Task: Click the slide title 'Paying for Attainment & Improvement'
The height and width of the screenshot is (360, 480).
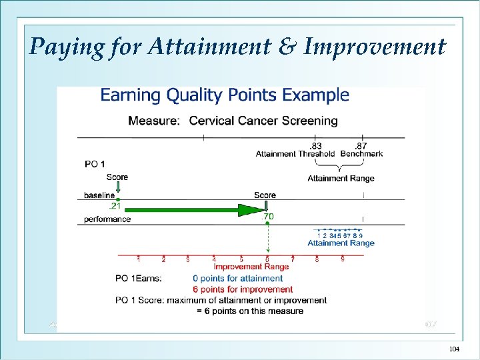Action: [237, 47]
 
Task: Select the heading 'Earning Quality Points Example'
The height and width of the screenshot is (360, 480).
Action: [225, 95]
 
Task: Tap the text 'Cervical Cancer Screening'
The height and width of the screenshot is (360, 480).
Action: [263, 121]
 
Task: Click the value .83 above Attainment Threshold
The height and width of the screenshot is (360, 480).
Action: [315, 146]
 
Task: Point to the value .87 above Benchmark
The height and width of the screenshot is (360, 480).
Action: [360, 146]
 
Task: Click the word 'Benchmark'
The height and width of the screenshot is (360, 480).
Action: [361, 154]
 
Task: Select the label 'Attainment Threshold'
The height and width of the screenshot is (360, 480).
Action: [295, 154]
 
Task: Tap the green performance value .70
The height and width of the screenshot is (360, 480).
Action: [267, 217]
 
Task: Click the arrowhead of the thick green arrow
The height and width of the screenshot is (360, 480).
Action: [252, 210]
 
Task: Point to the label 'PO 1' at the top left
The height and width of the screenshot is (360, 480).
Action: [95, 164]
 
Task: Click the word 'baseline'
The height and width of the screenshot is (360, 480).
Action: [99, 195]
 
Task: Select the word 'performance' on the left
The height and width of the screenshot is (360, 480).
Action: [107, 219]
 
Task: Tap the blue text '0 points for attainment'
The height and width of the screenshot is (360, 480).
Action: [237, 279]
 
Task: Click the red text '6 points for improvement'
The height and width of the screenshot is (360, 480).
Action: [243, 289]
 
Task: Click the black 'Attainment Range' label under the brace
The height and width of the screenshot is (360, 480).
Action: [341, 178]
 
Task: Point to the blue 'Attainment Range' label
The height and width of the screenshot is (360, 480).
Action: [341, 243]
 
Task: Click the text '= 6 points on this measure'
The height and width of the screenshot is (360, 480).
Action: [249, 311]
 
